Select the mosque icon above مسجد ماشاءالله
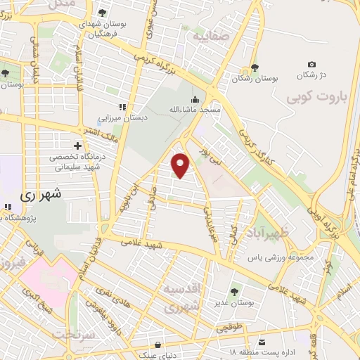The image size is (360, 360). [195, 99]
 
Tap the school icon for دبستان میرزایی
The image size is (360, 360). [122, 108]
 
